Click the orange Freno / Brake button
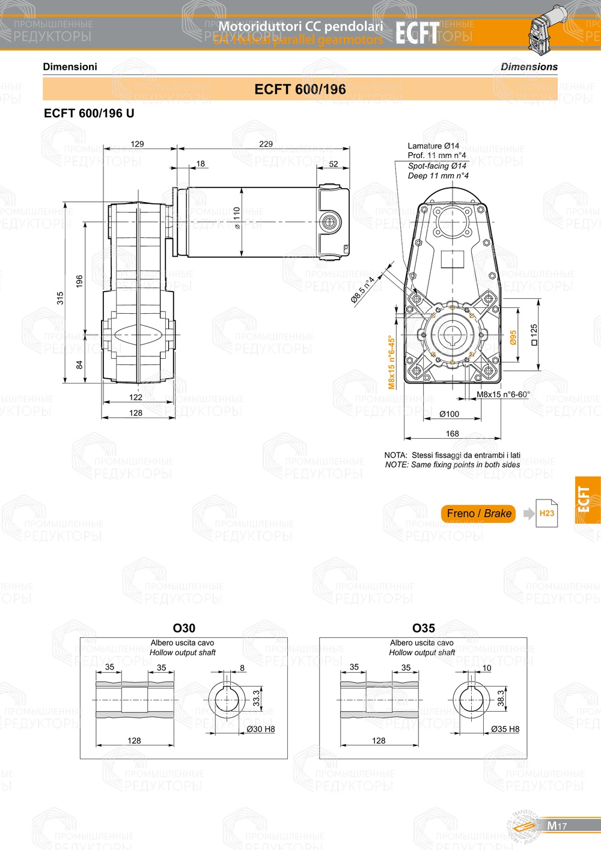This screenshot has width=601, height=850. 478,513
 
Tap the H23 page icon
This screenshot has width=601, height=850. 546,513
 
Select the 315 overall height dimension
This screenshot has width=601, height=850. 60,298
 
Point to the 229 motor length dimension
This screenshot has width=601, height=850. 266,144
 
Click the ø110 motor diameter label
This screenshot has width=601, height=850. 237,218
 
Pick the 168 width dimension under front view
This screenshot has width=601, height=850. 452,433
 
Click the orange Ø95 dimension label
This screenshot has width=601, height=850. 513,337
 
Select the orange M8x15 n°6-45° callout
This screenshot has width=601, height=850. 391,362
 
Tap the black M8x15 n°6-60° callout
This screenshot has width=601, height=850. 503,395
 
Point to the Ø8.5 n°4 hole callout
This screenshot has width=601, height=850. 362,290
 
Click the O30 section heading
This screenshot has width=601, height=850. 184,628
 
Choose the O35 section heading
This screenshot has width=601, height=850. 423,628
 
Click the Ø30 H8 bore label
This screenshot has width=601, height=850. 260,729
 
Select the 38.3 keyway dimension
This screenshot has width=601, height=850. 501,698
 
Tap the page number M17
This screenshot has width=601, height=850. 557,826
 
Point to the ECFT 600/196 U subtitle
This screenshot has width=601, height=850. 89,114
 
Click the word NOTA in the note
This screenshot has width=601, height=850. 395,455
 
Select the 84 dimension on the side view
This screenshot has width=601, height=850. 79,365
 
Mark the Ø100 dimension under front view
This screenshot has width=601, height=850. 449,414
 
